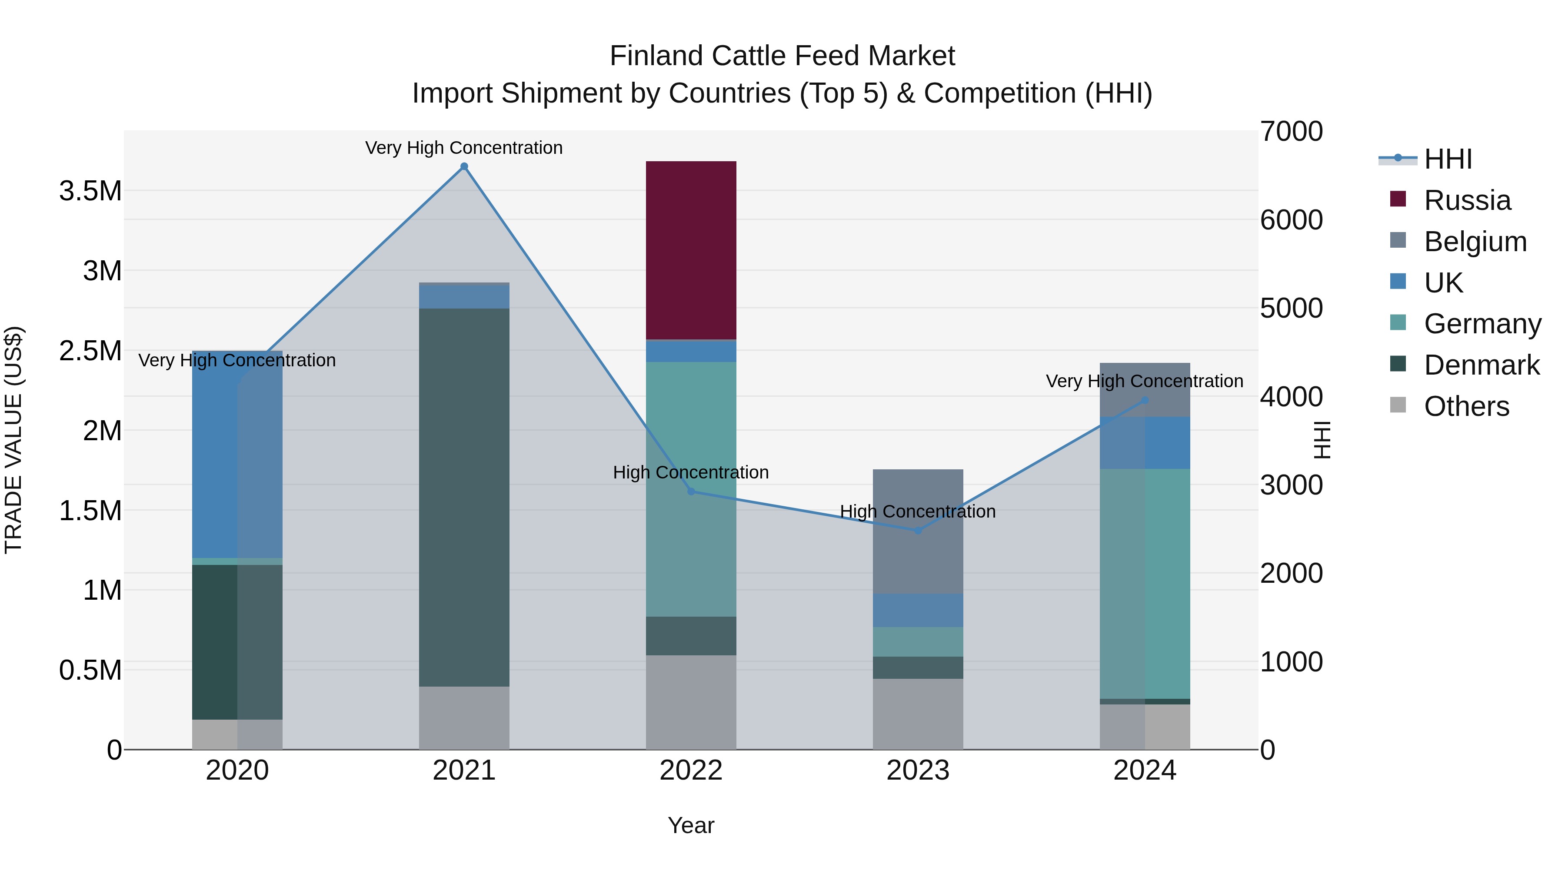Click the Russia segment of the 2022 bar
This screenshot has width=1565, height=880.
[691, 250]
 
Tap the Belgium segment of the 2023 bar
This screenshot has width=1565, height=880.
[918, 531]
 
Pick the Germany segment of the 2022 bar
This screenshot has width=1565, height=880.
[691, 489]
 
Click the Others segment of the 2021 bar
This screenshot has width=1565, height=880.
[464, 718]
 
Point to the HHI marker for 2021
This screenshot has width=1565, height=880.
[464, 166]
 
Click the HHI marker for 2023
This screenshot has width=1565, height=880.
[918, 530]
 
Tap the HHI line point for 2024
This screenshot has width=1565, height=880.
[1145, 400]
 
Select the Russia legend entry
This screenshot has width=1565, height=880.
[1467, 200]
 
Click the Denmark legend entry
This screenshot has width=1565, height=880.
[1481, 365]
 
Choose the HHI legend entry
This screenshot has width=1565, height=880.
[1447, 159]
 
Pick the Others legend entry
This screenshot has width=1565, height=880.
[1466, 406]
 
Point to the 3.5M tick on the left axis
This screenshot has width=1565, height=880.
[90, 191]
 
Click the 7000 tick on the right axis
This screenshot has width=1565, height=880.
[1291, 132]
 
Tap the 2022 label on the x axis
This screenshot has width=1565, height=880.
[691, 770]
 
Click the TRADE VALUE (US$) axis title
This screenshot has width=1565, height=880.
[14, 440]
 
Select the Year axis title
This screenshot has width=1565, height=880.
[691, 825]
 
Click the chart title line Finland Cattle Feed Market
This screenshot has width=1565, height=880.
[782, 56]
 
